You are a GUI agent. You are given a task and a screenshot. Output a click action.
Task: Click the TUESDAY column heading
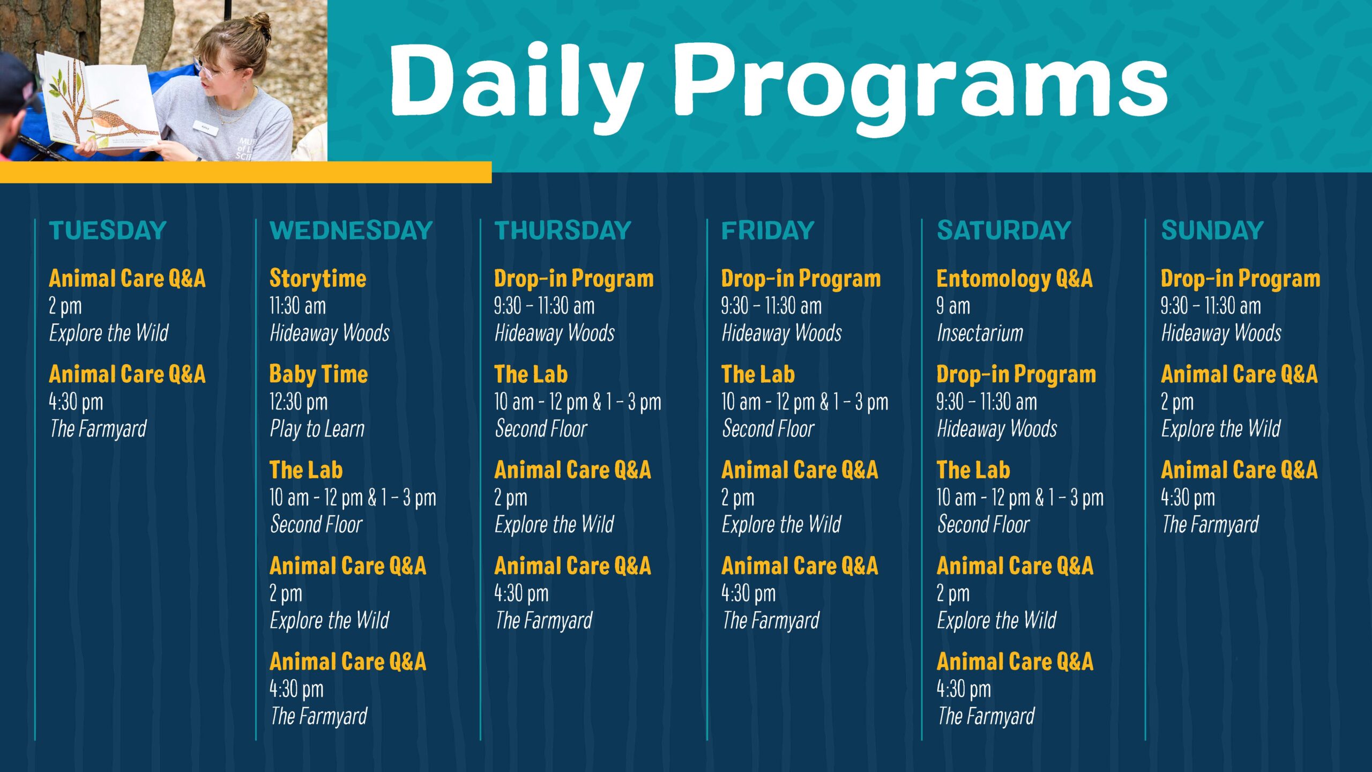point(108,231)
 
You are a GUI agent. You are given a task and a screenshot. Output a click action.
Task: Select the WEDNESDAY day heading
point(351,231)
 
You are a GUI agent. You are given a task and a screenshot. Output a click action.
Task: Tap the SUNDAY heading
point(1212,231)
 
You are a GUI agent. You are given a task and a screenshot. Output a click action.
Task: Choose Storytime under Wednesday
point(318,278)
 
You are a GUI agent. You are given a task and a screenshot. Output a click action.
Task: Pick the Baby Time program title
point(318,374)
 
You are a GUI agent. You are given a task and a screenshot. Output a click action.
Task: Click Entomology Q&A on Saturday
point(1014,278)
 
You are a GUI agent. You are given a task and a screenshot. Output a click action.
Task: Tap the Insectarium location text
point(980,333)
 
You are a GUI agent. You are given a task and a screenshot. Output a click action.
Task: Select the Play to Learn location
point(317,429)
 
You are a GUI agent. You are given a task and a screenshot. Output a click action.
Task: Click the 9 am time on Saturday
point(953,306)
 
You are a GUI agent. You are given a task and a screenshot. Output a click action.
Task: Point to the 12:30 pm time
point(298,402)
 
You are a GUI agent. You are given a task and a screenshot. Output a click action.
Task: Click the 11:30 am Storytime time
point(297,306)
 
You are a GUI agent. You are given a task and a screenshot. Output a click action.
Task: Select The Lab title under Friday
point(758,374)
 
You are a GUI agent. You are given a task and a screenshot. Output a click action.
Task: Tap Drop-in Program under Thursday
point(573,278)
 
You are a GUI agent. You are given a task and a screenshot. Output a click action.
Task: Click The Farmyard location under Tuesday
point(98,429)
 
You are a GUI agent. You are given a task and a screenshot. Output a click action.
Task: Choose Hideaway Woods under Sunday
point(1221,333)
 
